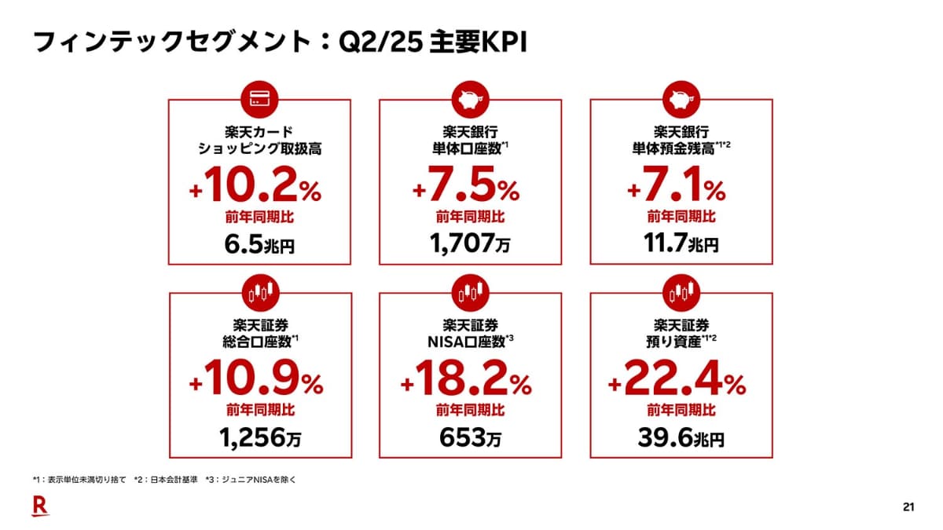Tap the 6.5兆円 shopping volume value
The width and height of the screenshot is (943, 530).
[x=260, y=245]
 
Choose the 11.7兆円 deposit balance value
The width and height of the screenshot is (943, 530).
[x=681, y=245]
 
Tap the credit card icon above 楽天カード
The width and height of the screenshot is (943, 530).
[x=260, y=100]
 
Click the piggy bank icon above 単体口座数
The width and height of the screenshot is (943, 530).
[x=470, y=100]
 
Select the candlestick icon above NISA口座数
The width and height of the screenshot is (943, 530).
[x=470, y=293]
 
